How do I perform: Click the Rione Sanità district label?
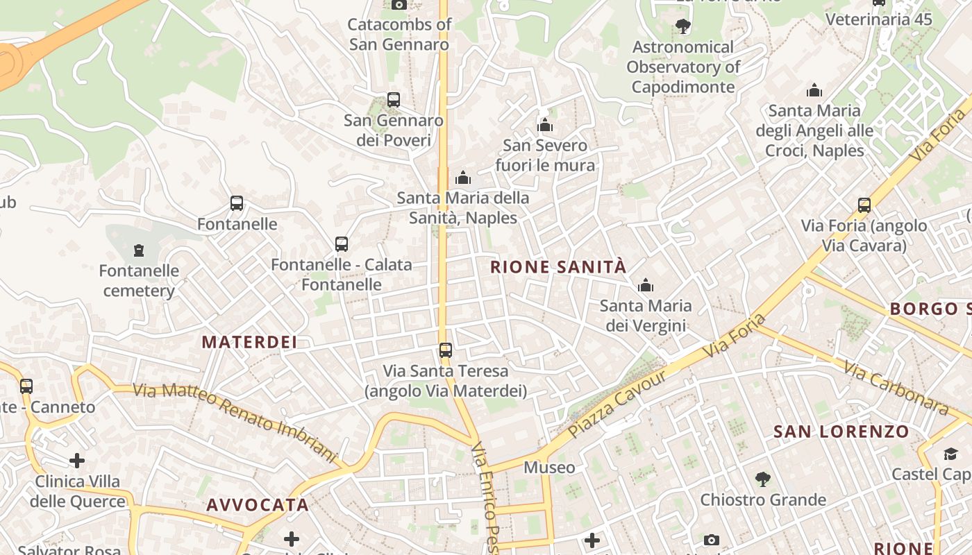(x=558, y=267)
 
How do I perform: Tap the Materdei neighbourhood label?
(x=249, y=342)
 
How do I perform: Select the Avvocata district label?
(x=258, y=505)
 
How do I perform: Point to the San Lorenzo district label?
(x=841, y=432)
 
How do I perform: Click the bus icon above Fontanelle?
(x=237, y=203)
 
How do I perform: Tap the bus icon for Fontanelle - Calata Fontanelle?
(x=341, y=244)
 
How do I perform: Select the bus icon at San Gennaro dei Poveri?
(x=394, y=100)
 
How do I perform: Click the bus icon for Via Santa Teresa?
(x=446, y=350)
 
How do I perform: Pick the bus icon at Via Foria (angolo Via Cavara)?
(x=864, y=205)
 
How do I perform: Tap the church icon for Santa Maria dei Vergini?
(x=646, y=285)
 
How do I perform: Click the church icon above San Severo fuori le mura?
(x=545, y=125)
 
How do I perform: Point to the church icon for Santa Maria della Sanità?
(x=463, y=178)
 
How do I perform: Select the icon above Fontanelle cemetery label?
(x=139, y=250)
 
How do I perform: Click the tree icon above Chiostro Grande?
(x=762, y=479)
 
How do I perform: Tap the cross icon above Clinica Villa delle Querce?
(x=77, y=461)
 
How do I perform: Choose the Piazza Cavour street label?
(x=617, y=404)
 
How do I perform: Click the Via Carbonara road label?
(x=896, y=388)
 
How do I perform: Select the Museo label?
(x=549, y=468)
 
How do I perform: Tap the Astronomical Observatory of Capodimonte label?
(x=683, y=67)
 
